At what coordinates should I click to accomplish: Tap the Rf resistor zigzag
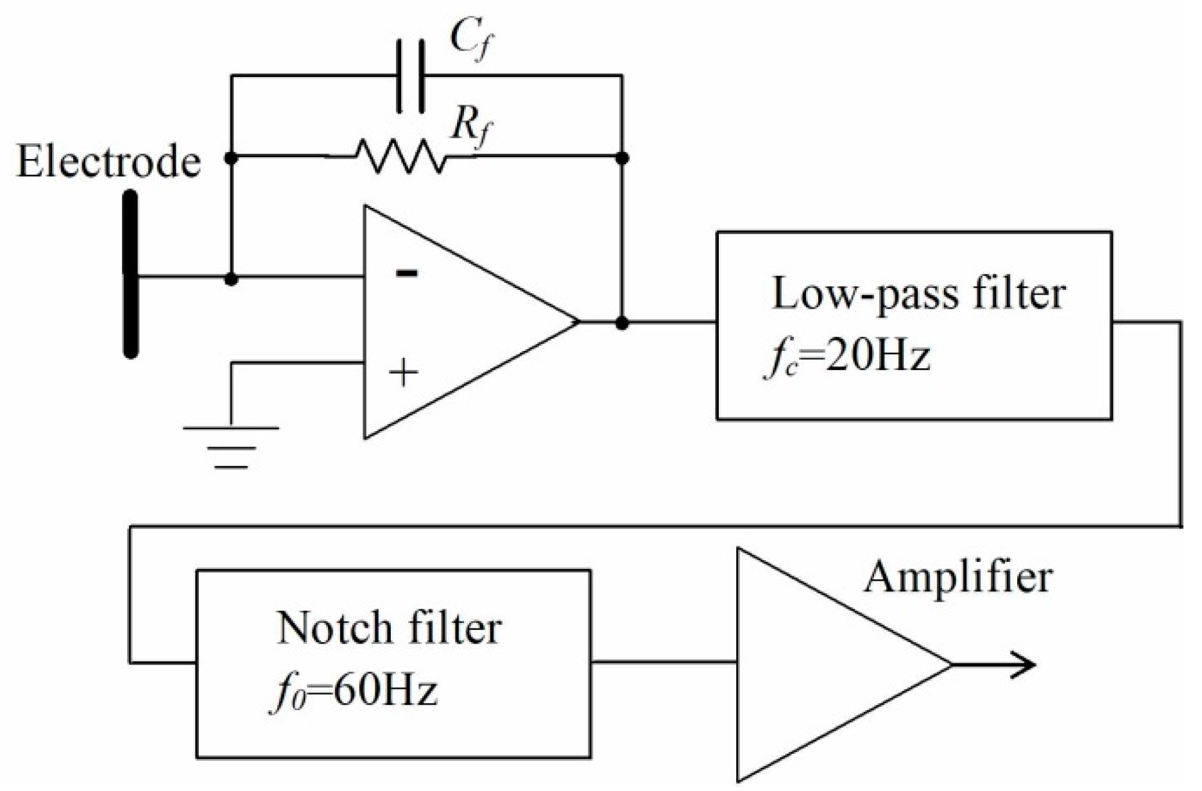click(x=400, y=157)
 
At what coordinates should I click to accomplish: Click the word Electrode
click(x=108, y=162)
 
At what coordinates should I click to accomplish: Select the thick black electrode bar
click(x=130, y=274)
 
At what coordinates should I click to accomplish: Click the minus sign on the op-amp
click(x=406, y=274)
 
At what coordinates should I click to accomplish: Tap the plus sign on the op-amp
click(x=404, y=372)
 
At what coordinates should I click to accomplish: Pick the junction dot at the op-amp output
click(x=621, y=323)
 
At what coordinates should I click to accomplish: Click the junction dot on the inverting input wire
click(x=232, y=279)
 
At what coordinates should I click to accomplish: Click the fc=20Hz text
click(x=847, y=357)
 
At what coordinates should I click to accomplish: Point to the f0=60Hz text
click(x=353, y=692)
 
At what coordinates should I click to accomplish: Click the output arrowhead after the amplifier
click(x=1025, y=664)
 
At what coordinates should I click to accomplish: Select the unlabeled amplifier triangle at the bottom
click(x=821, y=665)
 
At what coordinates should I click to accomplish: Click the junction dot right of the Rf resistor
click(x=621, y=157)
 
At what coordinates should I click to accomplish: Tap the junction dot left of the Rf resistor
click(x=232, y=157)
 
